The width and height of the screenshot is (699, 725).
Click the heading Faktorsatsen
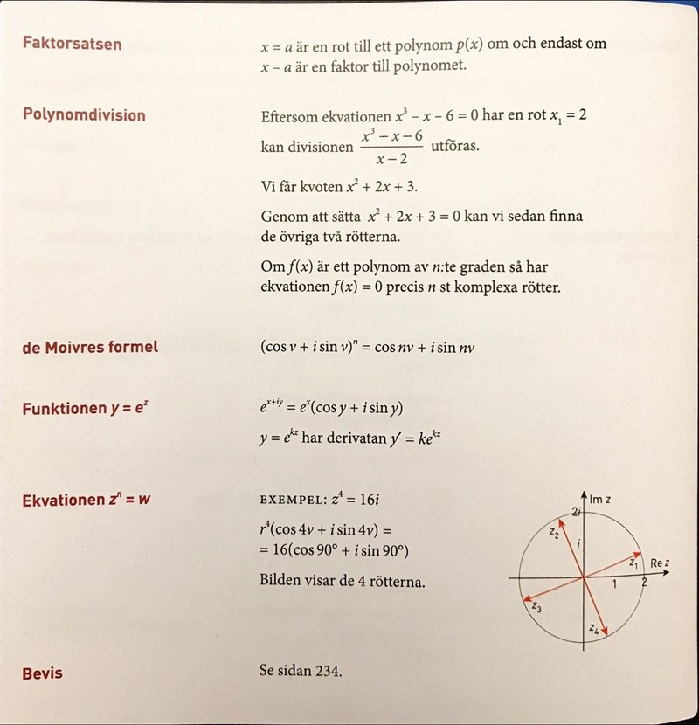(x=72, y=43)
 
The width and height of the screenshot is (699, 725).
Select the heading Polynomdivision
(x=84, y=114)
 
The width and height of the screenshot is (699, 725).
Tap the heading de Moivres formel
(x=90, y=347)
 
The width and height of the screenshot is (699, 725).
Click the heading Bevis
(x=42, y=673)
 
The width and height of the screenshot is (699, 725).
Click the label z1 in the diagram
(x=633, y=565)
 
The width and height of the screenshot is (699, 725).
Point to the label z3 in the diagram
(x=536, y=606)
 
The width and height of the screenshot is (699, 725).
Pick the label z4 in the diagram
(x=594, y=628)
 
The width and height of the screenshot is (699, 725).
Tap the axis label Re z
(x=660, y=563)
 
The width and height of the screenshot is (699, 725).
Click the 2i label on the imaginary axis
(x=576, y=511)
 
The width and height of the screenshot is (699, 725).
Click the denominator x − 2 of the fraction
(x=393, y=159)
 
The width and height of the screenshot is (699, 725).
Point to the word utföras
(x=455, y=145)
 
